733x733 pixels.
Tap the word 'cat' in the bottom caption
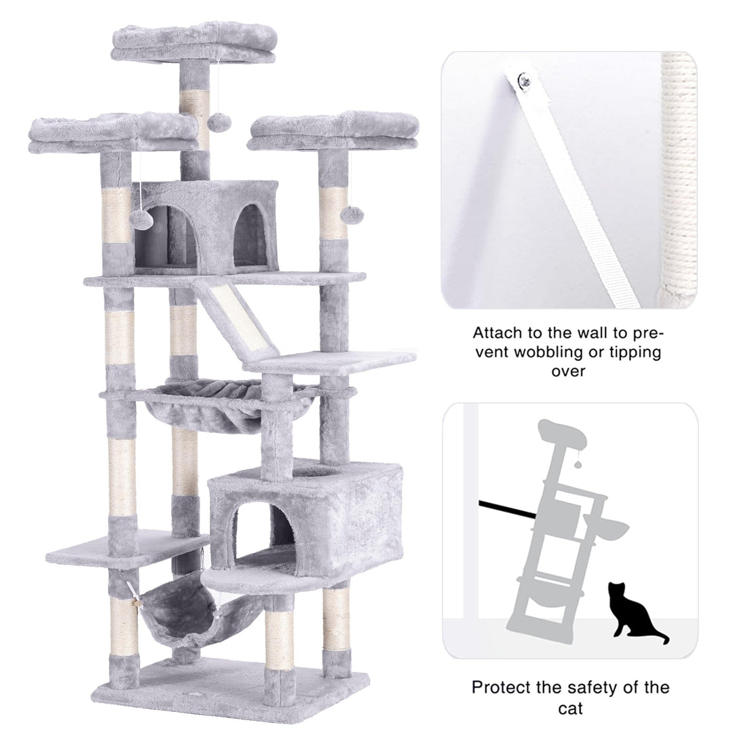click(x=571, y=708)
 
